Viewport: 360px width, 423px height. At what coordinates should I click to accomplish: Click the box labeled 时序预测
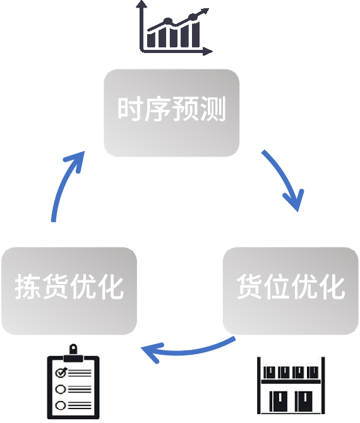click(x=172, y=112)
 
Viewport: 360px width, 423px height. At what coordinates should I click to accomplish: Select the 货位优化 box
click(x=290, y=290)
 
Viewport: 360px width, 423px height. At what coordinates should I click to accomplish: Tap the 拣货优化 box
click(x=69, y=290)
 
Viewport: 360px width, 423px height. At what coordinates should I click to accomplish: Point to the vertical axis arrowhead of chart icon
click(x=143, y=5)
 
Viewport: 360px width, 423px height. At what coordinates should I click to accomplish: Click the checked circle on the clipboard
click(x=61, y=372)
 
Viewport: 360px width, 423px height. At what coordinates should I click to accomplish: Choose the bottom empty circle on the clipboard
click(x=61, y=405)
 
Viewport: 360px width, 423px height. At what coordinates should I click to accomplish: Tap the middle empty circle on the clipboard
click(x=61, y=388)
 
